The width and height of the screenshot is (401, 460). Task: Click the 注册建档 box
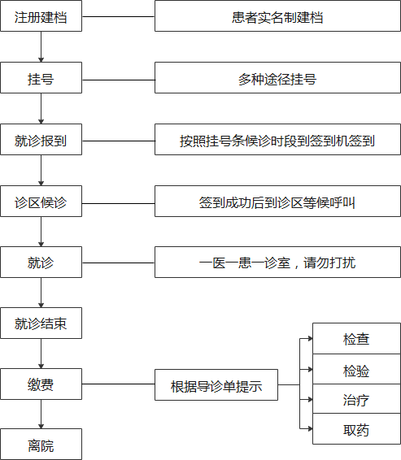pyautogui.click(x=41, y=15)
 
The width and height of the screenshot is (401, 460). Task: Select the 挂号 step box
pyautogui.click(x=41, y=78)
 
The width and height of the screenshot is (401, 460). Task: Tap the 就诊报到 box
pyautogui.click(x=41, y=139)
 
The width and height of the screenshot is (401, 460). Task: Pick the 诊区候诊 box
pyautogui.click(x=41, y=202)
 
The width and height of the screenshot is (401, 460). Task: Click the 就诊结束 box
pyautogui.click(x=41, y=323)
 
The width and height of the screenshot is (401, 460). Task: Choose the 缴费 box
pyautogui.click(x=41, y=384)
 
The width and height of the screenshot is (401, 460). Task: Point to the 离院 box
pyautogui.click(x=41, y=445)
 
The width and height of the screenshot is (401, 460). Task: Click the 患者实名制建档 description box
pyautogui.click(x=277, y=15)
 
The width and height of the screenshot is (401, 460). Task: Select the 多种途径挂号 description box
pyautogui.click(x=277, y=78)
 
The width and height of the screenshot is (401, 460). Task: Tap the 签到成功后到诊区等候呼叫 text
pyautogui.click(x=277, y=202)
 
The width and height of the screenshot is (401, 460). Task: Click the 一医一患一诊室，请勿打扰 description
pyautogui.click(x=277, y=262)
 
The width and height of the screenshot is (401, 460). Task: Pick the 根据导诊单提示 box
pyautogui.click(x=216, y=385)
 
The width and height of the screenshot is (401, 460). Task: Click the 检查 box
pyautogui.click(x=357, y=339)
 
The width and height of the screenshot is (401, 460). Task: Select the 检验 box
pyautogui.click(x=357, y=369)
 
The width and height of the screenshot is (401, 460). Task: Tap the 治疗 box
pyautogui.click(x=357, y=399)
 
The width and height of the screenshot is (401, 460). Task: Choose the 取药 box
pyautogui.click(x=357, y=429)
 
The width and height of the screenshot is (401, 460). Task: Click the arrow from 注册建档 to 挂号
pyautogui.click(x=41, y=46)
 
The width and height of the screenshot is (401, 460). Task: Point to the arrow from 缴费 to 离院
pyautogui.click(x=41, y=414)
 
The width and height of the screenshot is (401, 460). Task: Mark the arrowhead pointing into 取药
pyautogui.click(x=310, y=429)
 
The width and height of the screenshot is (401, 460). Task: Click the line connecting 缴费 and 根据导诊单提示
pyautogui.click(x=118, y=384)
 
